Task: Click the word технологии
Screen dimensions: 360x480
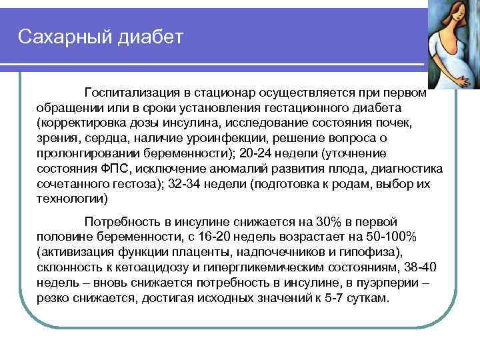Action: [73, 199]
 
